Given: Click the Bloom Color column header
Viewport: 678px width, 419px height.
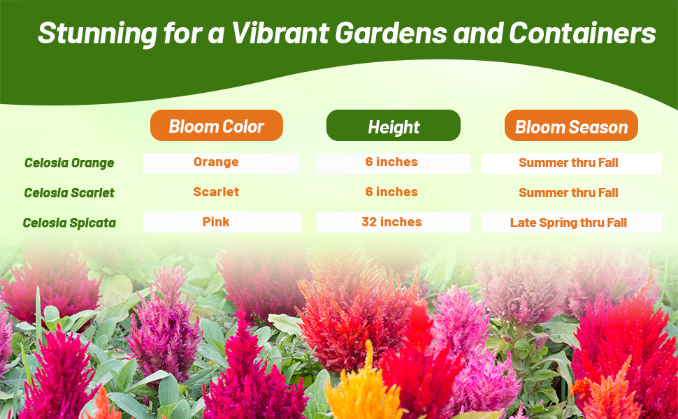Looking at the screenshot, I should [x=216, y=126].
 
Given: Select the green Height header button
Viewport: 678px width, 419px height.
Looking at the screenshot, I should [x=394, y=126].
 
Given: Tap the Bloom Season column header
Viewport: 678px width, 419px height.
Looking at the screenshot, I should [x=571, y=126].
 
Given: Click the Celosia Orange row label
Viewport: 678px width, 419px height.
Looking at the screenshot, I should [x=69, y=163].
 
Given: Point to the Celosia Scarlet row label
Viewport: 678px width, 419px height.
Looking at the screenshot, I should [x=69, y=193].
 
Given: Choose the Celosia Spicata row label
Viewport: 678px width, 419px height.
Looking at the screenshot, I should [x=69, y=223].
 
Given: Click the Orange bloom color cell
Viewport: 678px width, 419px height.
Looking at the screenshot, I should [x=216, y=162].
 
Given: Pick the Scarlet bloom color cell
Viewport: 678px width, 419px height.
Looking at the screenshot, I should [x=216, y=192].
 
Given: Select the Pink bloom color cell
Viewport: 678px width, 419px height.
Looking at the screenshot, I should [x=216, y=222].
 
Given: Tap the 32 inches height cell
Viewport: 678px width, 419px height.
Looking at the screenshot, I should [x=391, y=222].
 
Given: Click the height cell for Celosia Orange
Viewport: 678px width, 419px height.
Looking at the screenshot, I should [x=391, y=162].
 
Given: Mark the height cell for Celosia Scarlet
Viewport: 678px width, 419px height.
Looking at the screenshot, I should [x=391, y=192].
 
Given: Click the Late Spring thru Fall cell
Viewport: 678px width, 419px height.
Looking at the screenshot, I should [x=568, y=223].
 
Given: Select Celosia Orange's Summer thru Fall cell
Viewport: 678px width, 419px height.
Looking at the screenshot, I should [x=568, y=163].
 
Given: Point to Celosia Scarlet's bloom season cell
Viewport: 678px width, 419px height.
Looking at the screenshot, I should [x=568, y=193].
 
